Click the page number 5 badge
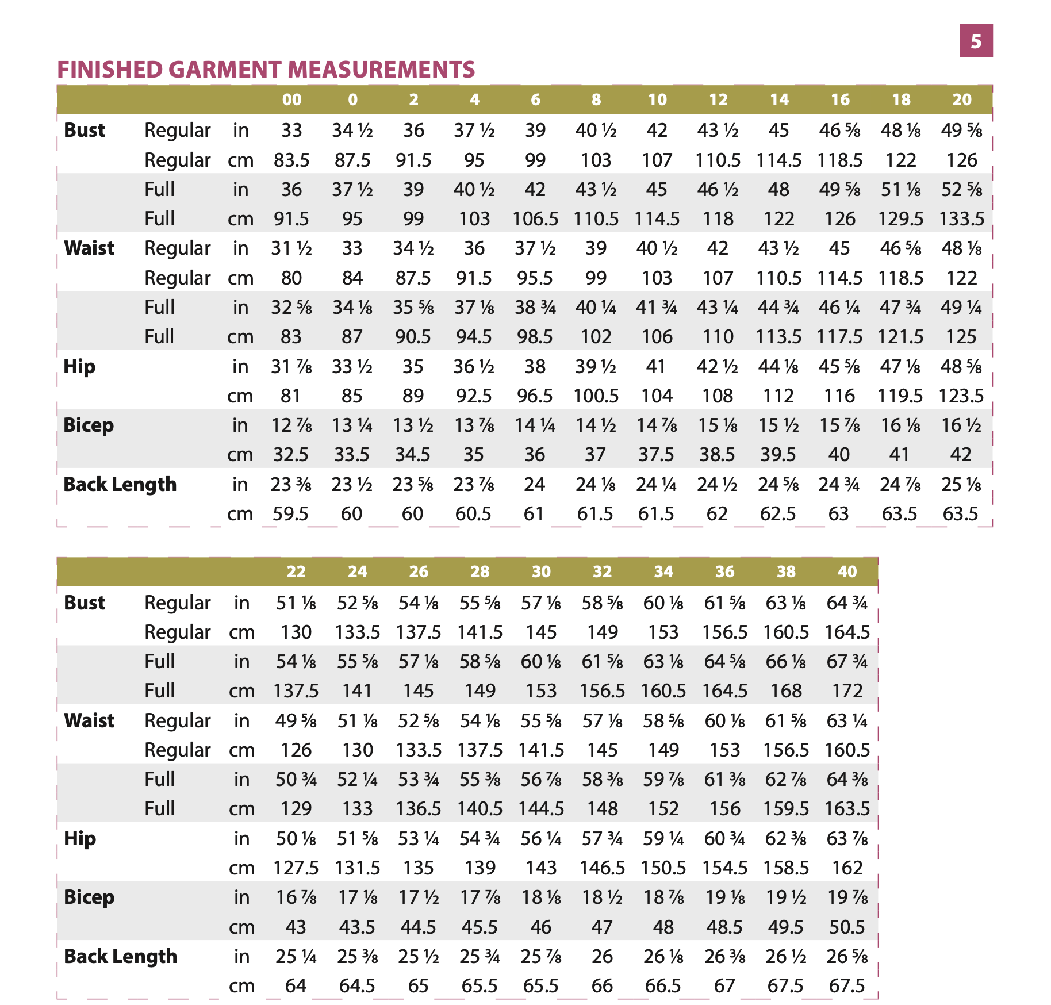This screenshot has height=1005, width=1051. [976, 41]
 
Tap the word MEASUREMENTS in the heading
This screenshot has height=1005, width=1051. [382, 70]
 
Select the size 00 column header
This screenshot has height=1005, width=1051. [291, 99]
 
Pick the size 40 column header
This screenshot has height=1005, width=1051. [847, 571]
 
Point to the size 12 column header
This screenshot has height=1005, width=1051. [718, 99]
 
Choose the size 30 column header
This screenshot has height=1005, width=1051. [541, 571]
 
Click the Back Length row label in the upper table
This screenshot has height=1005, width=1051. [120, 485]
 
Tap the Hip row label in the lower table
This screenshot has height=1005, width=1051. [80, 839]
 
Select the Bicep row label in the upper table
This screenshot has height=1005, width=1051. [89, 425]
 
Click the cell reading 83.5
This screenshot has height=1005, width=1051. [291, 160]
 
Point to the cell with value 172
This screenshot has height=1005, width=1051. [847, 691]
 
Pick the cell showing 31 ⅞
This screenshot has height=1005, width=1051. [291, 367]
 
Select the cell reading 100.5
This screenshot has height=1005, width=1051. [596, 396]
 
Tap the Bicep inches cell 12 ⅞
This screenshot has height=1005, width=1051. [291, 425]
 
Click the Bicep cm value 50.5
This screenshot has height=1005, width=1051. [847, 927]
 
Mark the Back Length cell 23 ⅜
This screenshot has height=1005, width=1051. [291, 485]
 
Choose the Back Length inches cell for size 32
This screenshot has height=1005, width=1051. [602, 957]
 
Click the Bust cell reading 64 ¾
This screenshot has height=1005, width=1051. [847, 603]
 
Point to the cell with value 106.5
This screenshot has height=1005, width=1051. [535, 219]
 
